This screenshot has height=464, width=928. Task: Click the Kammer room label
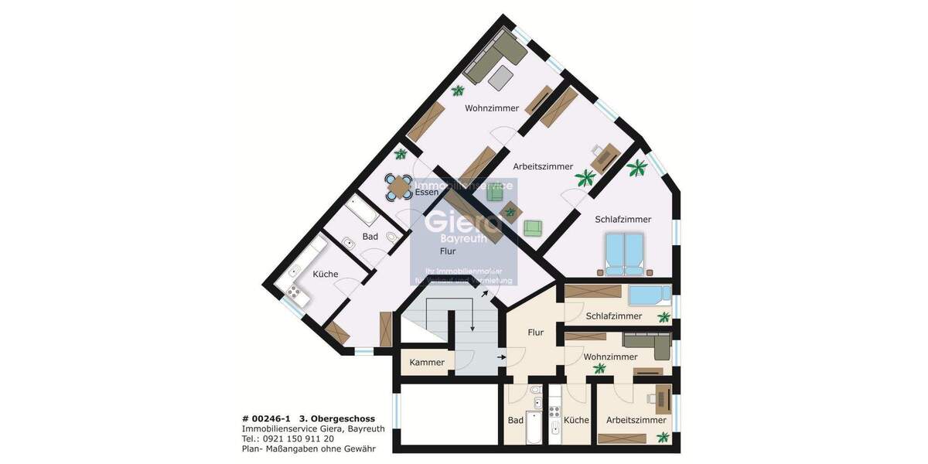point(427,363)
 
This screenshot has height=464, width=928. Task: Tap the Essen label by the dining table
point(427,193)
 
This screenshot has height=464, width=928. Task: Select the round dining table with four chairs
point(399,186)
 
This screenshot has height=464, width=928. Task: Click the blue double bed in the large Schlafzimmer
point(624,254)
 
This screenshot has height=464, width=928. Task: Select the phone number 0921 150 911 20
point(299,438)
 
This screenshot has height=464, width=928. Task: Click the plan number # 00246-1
point(268,419)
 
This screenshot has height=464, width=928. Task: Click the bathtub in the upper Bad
point(361,210)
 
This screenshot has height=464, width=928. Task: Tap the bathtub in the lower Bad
point(534,428)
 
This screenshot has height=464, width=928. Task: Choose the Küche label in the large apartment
point(326,275)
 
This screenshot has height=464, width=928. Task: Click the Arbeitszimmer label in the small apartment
point(636,421)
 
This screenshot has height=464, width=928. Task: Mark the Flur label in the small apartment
point(535,333)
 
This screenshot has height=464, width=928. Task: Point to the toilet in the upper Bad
point(392,237)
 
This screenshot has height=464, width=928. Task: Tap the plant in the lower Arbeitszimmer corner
point(663,438)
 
